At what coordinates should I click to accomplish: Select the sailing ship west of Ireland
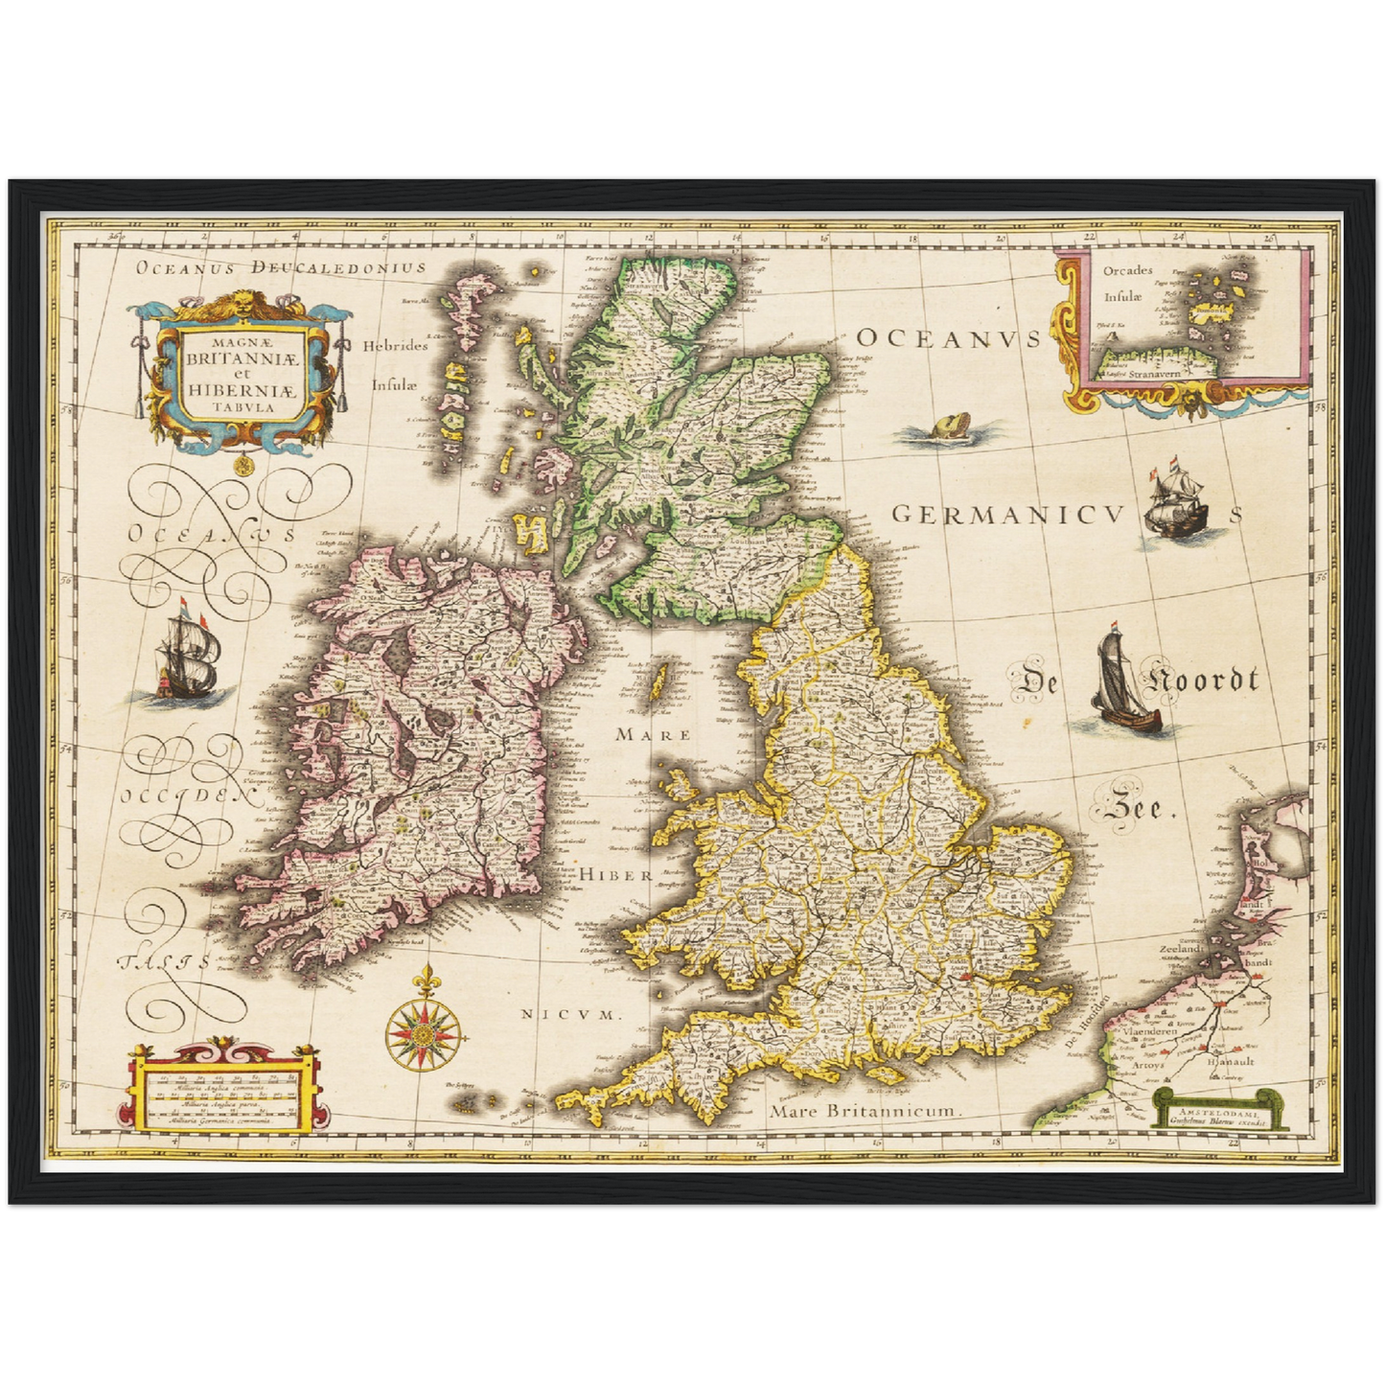tap(189, 657)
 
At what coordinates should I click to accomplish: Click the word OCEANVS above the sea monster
tap(947, 337)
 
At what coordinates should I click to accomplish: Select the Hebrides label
tap(394, 346)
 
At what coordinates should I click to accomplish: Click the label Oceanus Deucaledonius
tap(280, 267)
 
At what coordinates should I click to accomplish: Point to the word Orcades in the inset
tap(1127, 271)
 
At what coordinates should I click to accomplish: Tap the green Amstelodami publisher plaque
tap(1219, 1109)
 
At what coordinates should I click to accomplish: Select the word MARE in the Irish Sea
tap(652, 734)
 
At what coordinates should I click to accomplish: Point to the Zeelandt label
tap(1180, 949)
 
